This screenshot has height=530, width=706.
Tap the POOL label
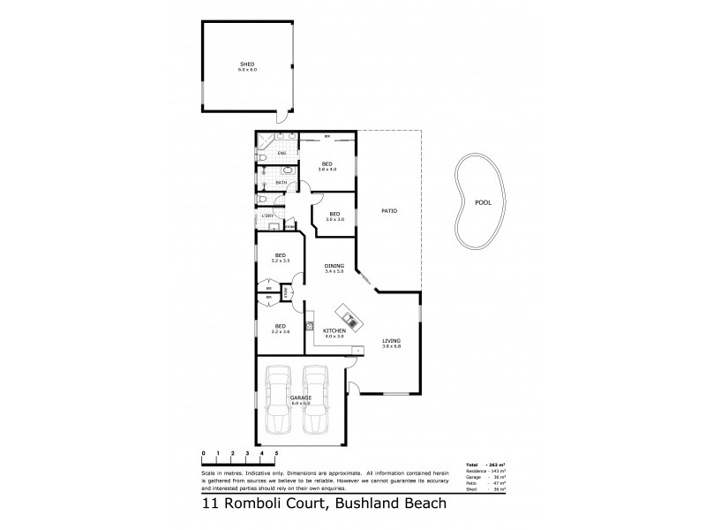coord(483,201)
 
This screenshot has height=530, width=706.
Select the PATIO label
coord(388,211)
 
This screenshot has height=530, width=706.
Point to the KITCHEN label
coord(334,329)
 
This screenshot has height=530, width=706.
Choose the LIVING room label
coord(391,340)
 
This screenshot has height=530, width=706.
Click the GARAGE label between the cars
coord(300,398)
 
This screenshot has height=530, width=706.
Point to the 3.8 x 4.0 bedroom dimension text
coord(327,169)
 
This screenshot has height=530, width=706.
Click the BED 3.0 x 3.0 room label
coord(334,216)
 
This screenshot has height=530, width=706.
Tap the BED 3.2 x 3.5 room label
coord(279,258)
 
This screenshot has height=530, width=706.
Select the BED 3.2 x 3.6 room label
coord(279,328)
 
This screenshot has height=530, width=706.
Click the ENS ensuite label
coord(282,154)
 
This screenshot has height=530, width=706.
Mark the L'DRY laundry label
coord(266,216)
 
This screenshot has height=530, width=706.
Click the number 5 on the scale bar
coord(277,452)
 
